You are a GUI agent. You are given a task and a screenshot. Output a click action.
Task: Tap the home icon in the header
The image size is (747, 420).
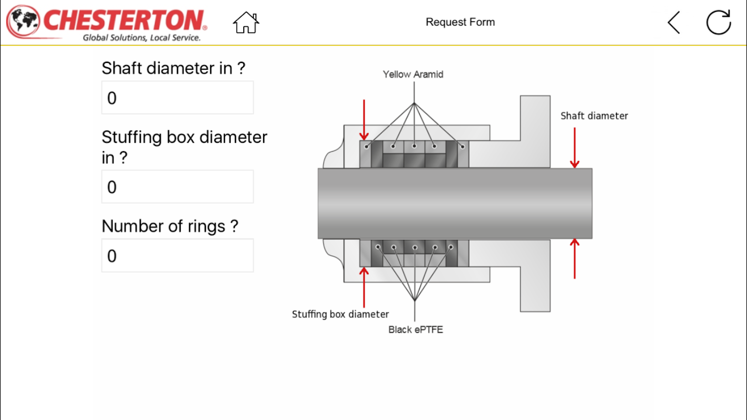tap(246, 23)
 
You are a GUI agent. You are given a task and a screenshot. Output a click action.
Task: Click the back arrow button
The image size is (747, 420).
tap(673, 23)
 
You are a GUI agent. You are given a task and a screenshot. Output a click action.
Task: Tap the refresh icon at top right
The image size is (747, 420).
tap(718, 23)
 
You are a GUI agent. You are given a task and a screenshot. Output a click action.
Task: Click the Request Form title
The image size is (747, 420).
tap(460, 22)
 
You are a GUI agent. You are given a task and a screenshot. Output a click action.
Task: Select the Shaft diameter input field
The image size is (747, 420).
tap(178, 98)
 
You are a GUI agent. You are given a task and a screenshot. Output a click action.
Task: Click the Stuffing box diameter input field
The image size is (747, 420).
tap(178, 187)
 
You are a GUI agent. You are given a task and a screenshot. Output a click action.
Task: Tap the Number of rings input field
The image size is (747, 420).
tap(178, 256)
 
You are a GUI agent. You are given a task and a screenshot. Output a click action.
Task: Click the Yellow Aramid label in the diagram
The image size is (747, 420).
tap(413, 75)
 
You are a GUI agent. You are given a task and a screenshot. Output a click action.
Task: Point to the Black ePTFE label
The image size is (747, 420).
tap(416, 330)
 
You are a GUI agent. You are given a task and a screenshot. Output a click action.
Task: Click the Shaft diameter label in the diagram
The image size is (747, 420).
tap(594, 116)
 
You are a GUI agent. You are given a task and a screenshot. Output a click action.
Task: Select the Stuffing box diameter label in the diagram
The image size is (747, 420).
tap(340, 314)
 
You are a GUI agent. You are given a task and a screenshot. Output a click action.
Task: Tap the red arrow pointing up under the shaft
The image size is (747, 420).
tap(575, 258)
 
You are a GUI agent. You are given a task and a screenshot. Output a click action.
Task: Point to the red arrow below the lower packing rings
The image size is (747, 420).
tap(364, 286)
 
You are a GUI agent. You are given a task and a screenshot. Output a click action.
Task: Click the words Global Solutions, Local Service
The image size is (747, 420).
tap(142, 38)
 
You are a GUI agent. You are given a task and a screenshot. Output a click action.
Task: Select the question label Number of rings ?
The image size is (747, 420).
tap(170, 226)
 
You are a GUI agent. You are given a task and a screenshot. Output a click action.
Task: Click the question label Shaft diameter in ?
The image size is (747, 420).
tap(173, 68)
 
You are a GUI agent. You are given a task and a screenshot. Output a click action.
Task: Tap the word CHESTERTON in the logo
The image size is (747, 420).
tap(125, 20)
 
